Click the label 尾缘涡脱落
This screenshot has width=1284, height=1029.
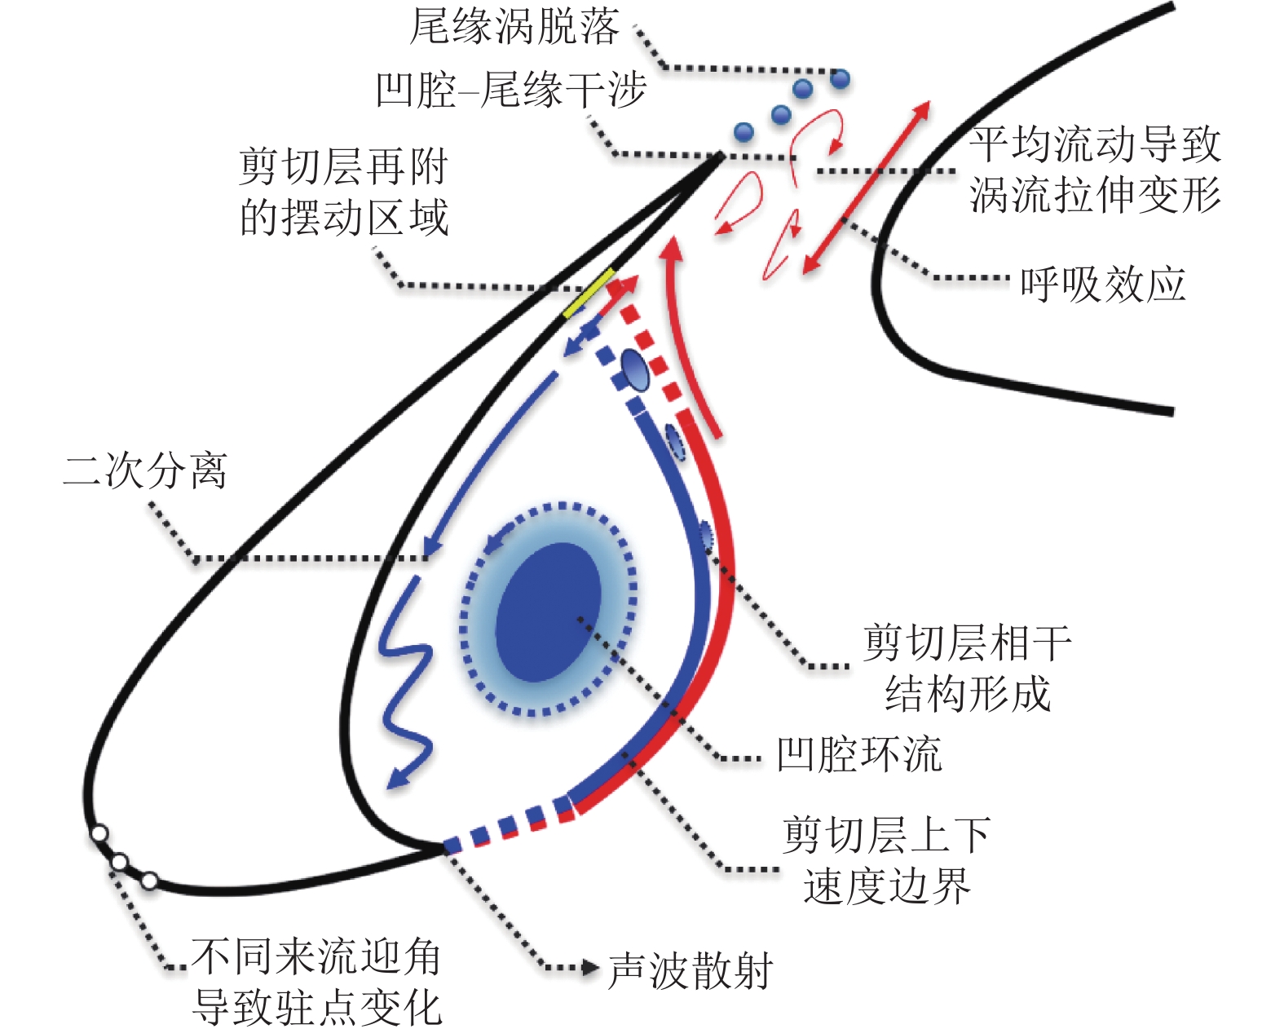pos(514,28)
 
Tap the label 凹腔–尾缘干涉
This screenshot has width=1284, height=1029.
pos(510,90)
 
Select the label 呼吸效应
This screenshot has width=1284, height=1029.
pos(1102,285)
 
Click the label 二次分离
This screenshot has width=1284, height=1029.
pos(145,470)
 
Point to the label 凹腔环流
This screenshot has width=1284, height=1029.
pos(858,754)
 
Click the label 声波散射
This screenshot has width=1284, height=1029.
pos(691,971)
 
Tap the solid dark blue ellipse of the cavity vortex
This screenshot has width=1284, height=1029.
pos(548,612)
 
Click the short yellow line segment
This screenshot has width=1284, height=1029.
pos(589,292)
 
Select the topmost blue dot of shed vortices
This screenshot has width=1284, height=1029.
pos(840,78)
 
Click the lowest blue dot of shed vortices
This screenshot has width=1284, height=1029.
pos(743,131)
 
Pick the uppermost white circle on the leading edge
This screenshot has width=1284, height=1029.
pos(99,833)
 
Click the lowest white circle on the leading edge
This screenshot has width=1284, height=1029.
pos(149,881)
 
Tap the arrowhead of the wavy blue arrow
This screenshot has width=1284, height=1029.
pos(396,778)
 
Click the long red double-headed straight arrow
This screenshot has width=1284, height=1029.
pos(866,188)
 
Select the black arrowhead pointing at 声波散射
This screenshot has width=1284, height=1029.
pos(591,968)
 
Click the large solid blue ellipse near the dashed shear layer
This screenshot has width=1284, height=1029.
pos(635,371)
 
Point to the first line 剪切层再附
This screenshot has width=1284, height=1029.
pos(343,168)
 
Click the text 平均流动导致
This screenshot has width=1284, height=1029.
pos(1094,145)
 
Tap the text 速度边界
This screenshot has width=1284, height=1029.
pos(886,886)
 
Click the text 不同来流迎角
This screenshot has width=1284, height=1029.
pos(316,956)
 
